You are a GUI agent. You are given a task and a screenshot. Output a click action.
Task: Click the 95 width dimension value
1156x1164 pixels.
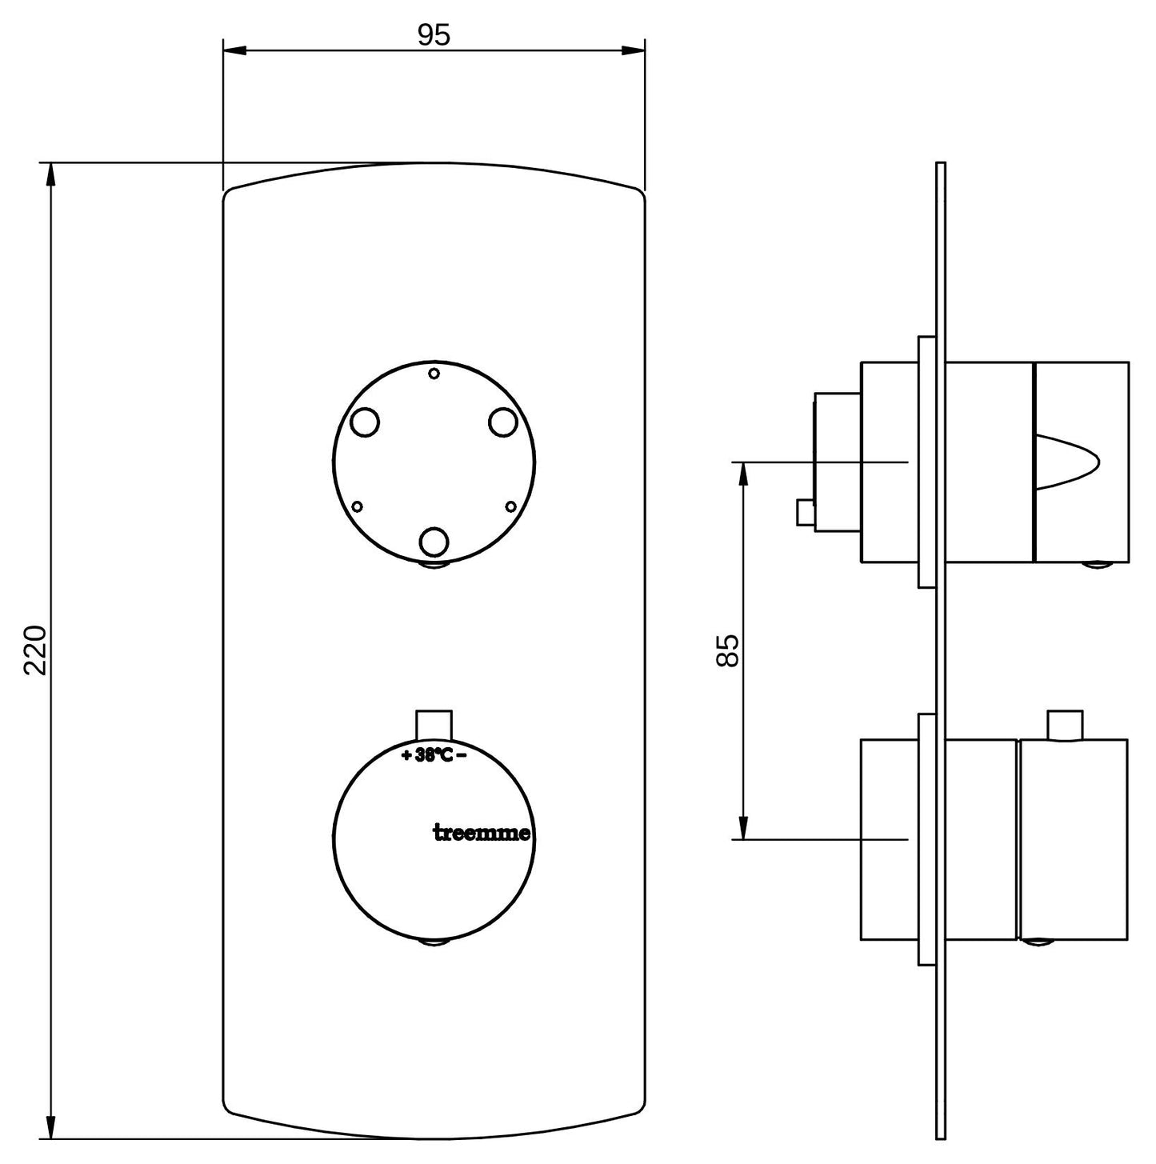(x=434, y=36)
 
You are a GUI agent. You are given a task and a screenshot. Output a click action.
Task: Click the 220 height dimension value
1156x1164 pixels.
(x=36, y=650)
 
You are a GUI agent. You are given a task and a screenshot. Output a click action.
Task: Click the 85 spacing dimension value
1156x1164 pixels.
(x=727, y=650)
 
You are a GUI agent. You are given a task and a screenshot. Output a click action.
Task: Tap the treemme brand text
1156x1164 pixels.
(x=482, y=833)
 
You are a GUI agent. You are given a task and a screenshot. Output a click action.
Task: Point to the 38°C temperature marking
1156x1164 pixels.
(x=434, y=755)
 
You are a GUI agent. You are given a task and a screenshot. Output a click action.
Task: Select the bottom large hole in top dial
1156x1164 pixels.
(x=434, y=541)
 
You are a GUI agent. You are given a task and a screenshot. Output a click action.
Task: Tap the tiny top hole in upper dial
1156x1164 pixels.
(x=434, y=374)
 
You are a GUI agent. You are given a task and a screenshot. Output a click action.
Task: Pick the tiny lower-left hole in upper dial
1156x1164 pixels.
(x=357, y=506)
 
